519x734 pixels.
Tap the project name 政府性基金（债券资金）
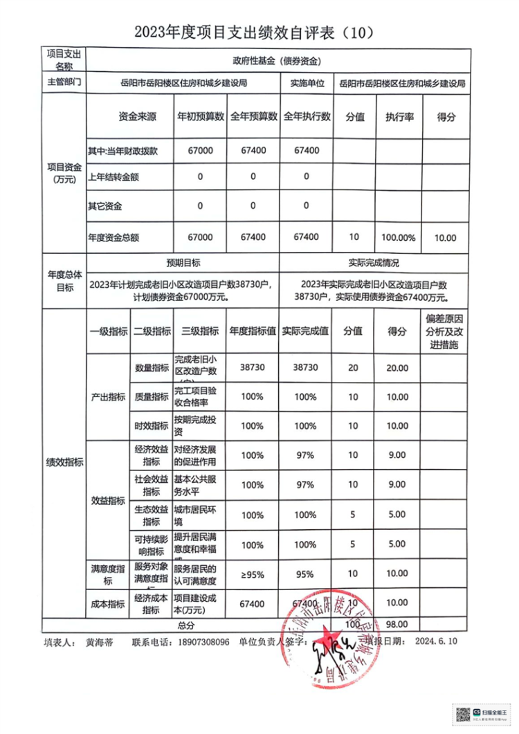coord(278,61)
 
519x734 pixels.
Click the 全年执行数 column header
coord(307,117)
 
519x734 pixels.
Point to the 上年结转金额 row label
coord(113,177)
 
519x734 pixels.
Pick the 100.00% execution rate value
coord(399,237)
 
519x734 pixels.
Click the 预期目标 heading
coord(183,264)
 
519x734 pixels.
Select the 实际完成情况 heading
coord(374,264)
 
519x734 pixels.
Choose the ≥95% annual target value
coord(253,574)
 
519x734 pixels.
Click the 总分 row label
coord(185,625)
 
